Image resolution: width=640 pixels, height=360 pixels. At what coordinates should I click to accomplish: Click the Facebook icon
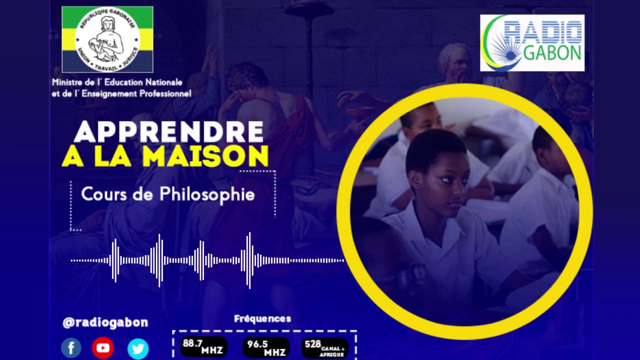tap(71, 348)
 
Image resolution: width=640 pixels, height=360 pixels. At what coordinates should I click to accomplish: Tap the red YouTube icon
tap(103, 348)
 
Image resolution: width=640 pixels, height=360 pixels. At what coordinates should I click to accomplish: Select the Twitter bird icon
tap(138, 348)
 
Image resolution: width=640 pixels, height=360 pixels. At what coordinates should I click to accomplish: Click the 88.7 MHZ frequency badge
tap(203, 346)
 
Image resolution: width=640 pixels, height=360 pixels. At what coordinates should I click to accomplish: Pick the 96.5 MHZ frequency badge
tap(265, 347)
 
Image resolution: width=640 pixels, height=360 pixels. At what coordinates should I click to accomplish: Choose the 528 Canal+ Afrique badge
tap(324, 347)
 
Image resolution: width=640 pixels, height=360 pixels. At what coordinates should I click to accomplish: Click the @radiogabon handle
tap(105, 322)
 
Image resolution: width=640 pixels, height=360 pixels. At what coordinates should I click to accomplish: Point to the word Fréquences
tap(262, 318)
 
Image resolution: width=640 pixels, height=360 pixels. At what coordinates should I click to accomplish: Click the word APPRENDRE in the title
tap(168, 132)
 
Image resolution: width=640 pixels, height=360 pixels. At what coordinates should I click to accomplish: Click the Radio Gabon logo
tap(532, 43)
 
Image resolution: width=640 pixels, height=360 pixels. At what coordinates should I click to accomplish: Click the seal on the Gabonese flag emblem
tap(107, 39)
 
